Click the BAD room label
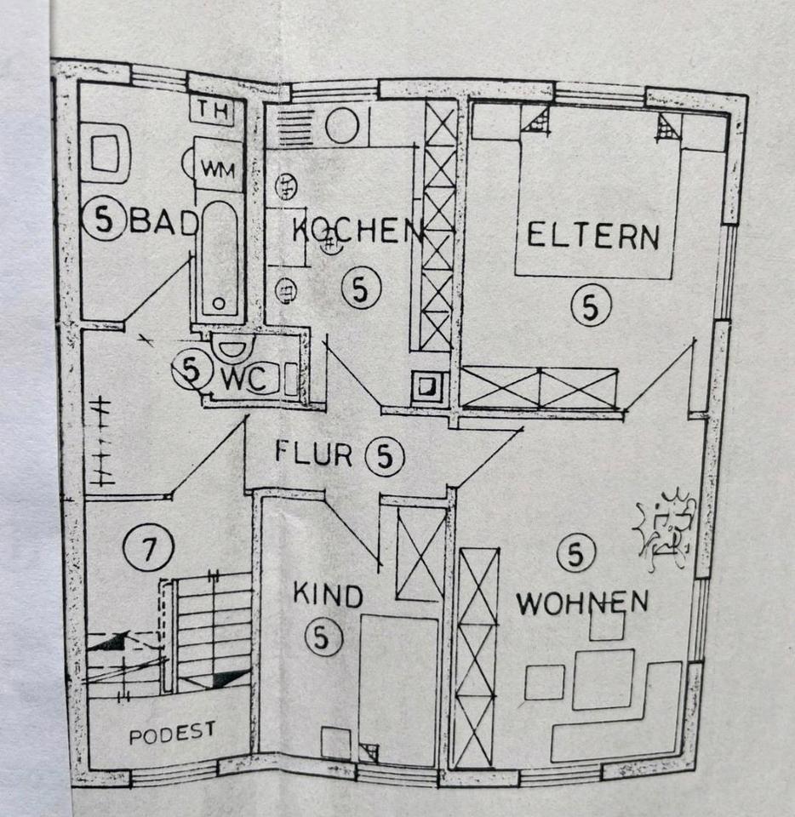tap(163, 223)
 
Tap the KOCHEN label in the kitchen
tap(357, 231)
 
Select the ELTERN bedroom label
tap(593, 235)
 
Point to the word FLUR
tap(313, 453)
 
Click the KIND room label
tap(328, 594)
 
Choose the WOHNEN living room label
tap(582, 603)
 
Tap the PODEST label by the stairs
tap(172, 733)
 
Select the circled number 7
tap(148, 549)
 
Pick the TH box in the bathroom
tap(209, 111)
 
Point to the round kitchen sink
tap(342, 126)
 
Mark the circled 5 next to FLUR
tap(384, 456)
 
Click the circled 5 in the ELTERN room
tap(590, 306)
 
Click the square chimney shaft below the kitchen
tap(426, 387)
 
